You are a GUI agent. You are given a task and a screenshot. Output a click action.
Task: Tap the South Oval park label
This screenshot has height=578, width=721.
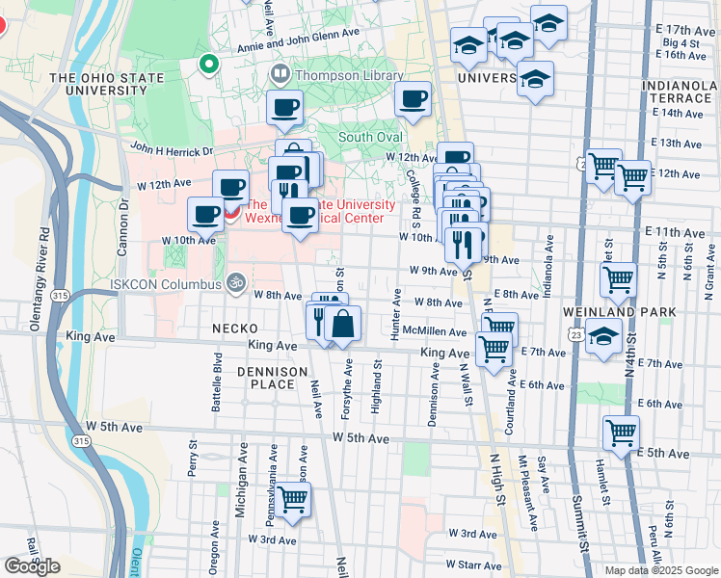369,137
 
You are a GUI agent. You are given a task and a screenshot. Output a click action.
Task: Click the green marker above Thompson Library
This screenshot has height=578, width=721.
207,65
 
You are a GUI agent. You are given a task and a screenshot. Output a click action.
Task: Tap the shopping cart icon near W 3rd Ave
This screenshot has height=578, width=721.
292,500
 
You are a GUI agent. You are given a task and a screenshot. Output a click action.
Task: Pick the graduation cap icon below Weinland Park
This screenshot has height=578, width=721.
604,337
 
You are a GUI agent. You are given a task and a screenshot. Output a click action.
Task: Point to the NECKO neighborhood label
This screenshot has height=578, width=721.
235,328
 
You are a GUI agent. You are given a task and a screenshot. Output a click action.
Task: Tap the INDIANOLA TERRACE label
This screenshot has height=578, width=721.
681,93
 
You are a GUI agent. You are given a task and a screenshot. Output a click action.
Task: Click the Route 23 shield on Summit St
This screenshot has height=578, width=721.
575,332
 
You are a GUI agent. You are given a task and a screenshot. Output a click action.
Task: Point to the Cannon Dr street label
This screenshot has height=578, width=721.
122,227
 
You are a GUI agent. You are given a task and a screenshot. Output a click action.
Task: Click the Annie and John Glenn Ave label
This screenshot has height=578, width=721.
298,34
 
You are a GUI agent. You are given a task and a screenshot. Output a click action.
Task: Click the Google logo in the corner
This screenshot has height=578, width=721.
32,566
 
